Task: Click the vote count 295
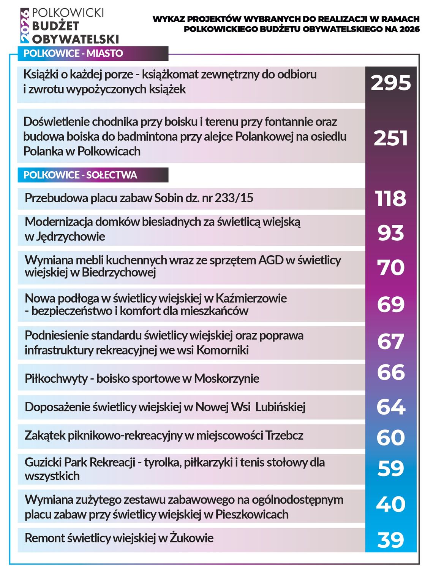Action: coord(390,83)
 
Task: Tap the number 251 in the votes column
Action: coord(390,138)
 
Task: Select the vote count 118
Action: coord(390,198)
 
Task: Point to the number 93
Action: coord(390,232)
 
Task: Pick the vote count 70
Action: coord(390,267)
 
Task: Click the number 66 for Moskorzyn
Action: coord(390,372)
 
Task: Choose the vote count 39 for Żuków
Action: coord(390,539)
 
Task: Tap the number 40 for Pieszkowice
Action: coord(390,504)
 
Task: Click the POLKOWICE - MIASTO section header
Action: coord(73,53)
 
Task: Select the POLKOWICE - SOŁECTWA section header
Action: coord(80,175)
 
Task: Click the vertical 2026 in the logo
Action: coord(25,26)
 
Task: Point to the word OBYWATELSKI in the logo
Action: coord(75,39)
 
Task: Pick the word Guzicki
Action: coord(43,463)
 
